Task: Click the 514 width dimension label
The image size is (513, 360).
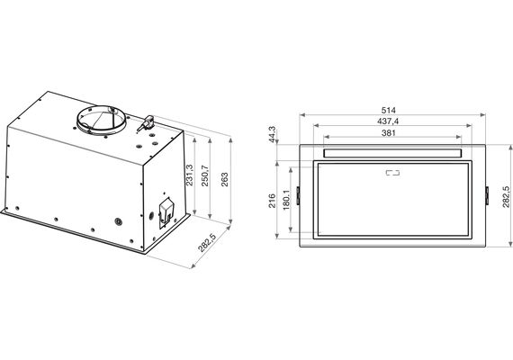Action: click(388, 111)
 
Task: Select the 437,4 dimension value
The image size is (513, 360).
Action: click(388, 121)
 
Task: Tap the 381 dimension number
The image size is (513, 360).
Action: click(388, 133)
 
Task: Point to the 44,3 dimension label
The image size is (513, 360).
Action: click(272, 134)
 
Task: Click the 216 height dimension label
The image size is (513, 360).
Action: click(272, 201)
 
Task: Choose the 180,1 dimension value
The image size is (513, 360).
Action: click(286, 200)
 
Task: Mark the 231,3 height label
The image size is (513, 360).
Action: click(189, 175)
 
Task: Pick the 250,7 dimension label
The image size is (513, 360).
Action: click(204, 175)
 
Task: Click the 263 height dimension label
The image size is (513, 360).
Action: click(225, 180)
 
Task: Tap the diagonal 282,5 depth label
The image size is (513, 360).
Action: click(207, 242)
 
